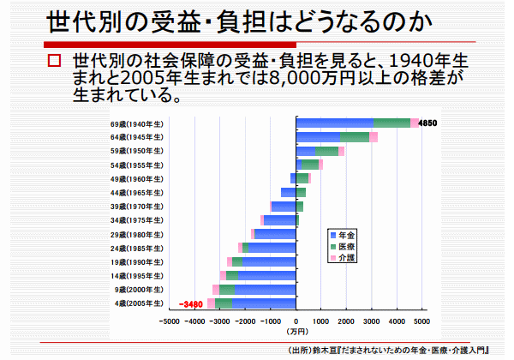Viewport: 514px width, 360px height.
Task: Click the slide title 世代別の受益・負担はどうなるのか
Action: pos(214,21)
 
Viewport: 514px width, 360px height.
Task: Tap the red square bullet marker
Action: pos(55,62)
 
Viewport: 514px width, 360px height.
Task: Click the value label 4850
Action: pos(428,123)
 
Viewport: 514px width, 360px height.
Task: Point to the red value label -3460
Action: pos(190,303)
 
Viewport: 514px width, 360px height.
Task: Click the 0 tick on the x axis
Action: pos(296,322)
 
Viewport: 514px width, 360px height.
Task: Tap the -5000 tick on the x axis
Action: pos(169,322)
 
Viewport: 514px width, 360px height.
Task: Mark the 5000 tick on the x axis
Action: pos(421,322)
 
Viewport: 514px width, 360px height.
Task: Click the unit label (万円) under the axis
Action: pos(296,332)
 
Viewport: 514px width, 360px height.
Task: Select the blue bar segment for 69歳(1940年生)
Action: pos(334,123)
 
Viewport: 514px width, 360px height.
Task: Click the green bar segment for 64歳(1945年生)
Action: pos(355,137)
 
